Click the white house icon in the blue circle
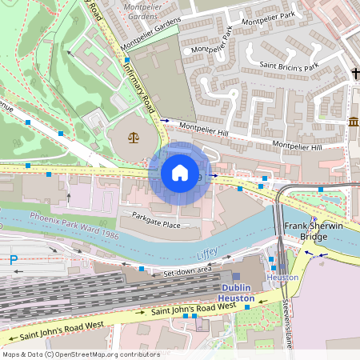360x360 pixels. point(180,173)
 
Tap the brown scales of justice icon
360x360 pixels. point(134,137)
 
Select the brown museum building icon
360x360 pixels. point(354,122)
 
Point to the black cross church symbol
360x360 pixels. point(355,74)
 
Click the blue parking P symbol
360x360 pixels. point(13,259)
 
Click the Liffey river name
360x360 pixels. point(207,254)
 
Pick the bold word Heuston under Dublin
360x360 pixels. point(238,298)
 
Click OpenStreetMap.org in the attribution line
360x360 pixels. point(99,354)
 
